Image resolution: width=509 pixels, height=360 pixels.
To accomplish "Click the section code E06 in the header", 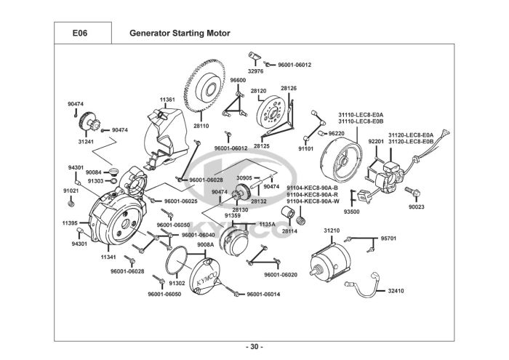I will (x=80, y=33).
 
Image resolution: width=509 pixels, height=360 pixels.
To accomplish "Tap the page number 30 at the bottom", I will (x=254, y=345).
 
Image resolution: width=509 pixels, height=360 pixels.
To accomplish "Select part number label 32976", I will (x=255, y=71).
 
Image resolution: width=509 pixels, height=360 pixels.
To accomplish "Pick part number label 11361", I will (x=168, y=99).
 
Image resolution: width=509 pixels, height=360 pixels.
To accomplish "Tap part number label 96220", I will (x=337, y=134).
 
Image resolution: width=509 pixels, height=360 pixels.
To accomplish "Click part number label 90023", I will (x=417, y=207).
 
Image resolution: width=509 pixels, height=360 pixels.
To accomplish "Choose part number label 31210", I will (x=332, y=231).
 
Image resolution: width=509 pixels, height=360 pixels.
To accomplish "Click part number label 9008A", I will (x=204, y=245).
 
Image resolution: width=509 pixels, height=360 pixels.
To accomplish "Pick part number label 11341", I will (x=109, y=256).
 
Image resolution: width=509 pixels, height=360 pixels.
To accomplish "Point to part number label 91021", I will (x=71, y=191).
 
